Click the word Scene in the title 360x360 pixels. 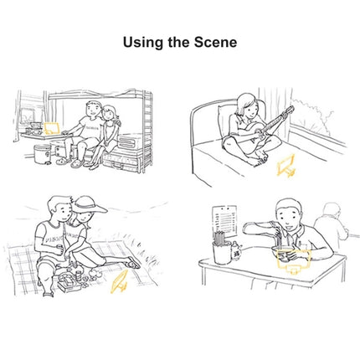215,43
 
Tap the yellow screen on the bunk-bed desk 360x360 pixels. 51,128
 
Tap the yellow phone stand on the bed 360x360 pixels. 286,166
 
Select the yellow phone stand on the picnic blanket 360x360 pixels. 120,282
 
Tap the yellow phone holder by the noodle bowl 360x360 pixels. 293,261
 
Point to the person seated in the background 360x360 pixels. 332,225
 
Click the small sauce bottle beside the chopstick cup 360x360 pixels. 237,250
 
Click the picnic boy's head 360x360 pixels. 59,208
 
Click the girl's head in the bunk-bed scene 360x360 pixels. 110,114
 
